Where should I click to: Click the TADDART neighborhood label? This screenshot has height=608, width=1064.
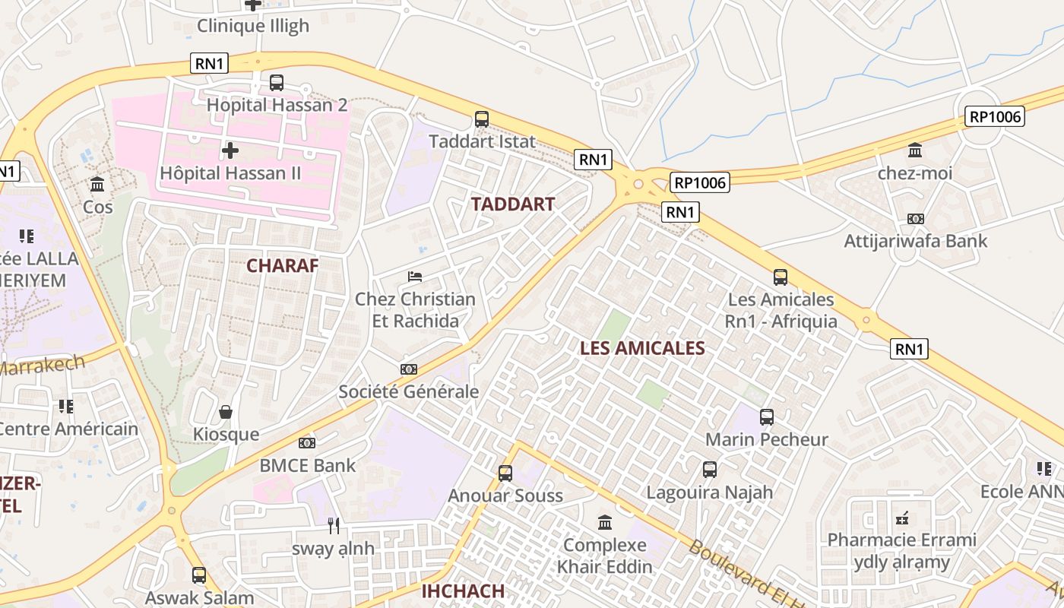[x=513, y=204]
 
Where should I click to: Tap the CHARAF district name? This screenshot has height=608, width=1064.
[x=282, y=265]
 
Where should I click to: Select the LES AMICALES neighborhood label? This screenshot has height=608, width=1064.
[x=642, y=348]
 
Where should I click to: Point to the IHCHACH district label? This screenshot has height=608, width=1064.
[x=463, y=591]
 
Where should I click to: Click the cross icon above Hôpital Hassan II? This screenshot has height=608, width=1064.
[x=230, y=150]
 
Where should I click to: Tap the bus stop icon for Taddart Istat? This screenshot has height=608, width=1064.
[x=482, y=119]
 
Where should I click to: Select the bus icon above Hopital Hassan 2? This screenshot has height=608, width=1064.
[x=277, y=83]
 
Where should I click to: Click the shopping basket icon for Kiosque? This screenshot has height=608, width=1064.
[x=225, y=413]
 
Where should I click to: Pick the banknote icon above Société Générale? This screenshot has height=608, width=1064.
[x=409, y=369]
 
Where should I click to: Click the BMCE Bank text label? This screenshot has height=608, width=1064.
[x=307, y=465]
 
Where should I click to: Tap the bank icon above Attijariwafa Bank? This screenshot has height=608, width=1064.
[x=916, y=219]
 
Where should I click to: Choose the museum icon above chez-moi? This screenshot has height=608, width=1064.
[x=915, y=150]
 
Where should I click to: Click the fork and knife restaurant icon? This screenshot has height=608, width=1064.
[x=333, y=525]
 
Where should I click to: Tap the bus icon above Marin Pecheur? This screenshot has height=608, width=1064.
[x=767, y=416]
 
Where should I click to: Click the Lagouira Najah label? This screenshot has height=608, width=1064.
[x=709, y=492]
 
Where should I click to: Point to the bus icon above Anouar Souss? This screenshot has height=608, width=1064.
[x=505, y=473]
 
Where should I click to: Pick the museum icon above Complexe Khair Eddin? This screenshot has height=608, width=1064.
[x=605, y=522]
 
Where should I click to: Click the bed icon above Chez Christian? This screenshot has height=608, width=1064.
[x=415, y=276]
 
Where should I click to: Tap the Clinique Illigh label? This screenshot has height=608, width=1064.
[x=253, y=26]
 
